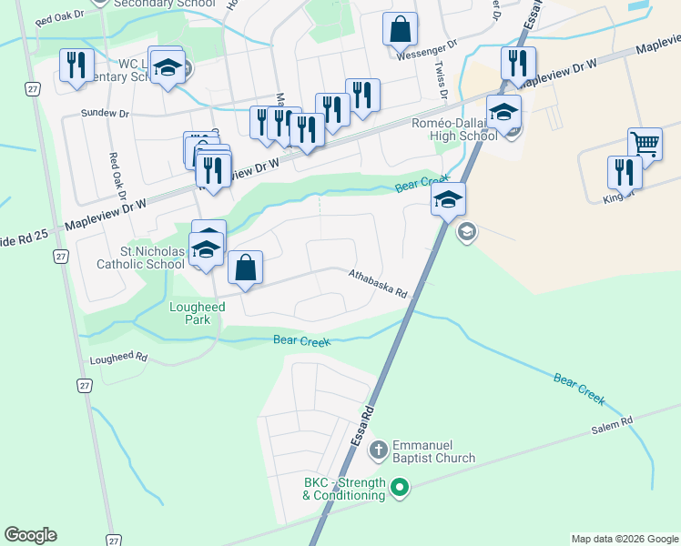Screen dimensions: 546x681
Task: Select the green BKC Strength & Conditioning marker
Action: point(399,490)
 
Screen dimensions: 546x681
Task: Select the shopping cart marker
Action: point(645,144)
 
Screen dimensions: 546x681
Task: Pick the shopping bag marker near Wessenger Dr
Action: point(400,29)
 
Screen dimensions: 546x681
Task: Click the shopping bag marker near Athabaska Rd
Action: point(245,268)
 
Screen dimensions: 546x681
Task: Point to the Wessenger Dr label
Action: point(426,56)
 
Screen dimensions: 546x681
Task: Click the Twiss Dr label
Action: point(440,80)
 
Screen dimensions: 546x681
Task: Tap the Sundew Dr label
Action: point(106,114)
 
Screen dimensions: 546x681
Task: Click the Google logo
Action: point(30,535)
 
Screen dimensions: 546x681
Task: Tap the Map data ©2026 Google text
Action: point(624,539)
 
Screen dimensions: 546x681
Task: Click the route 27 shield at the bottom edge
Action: point(113,540)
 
